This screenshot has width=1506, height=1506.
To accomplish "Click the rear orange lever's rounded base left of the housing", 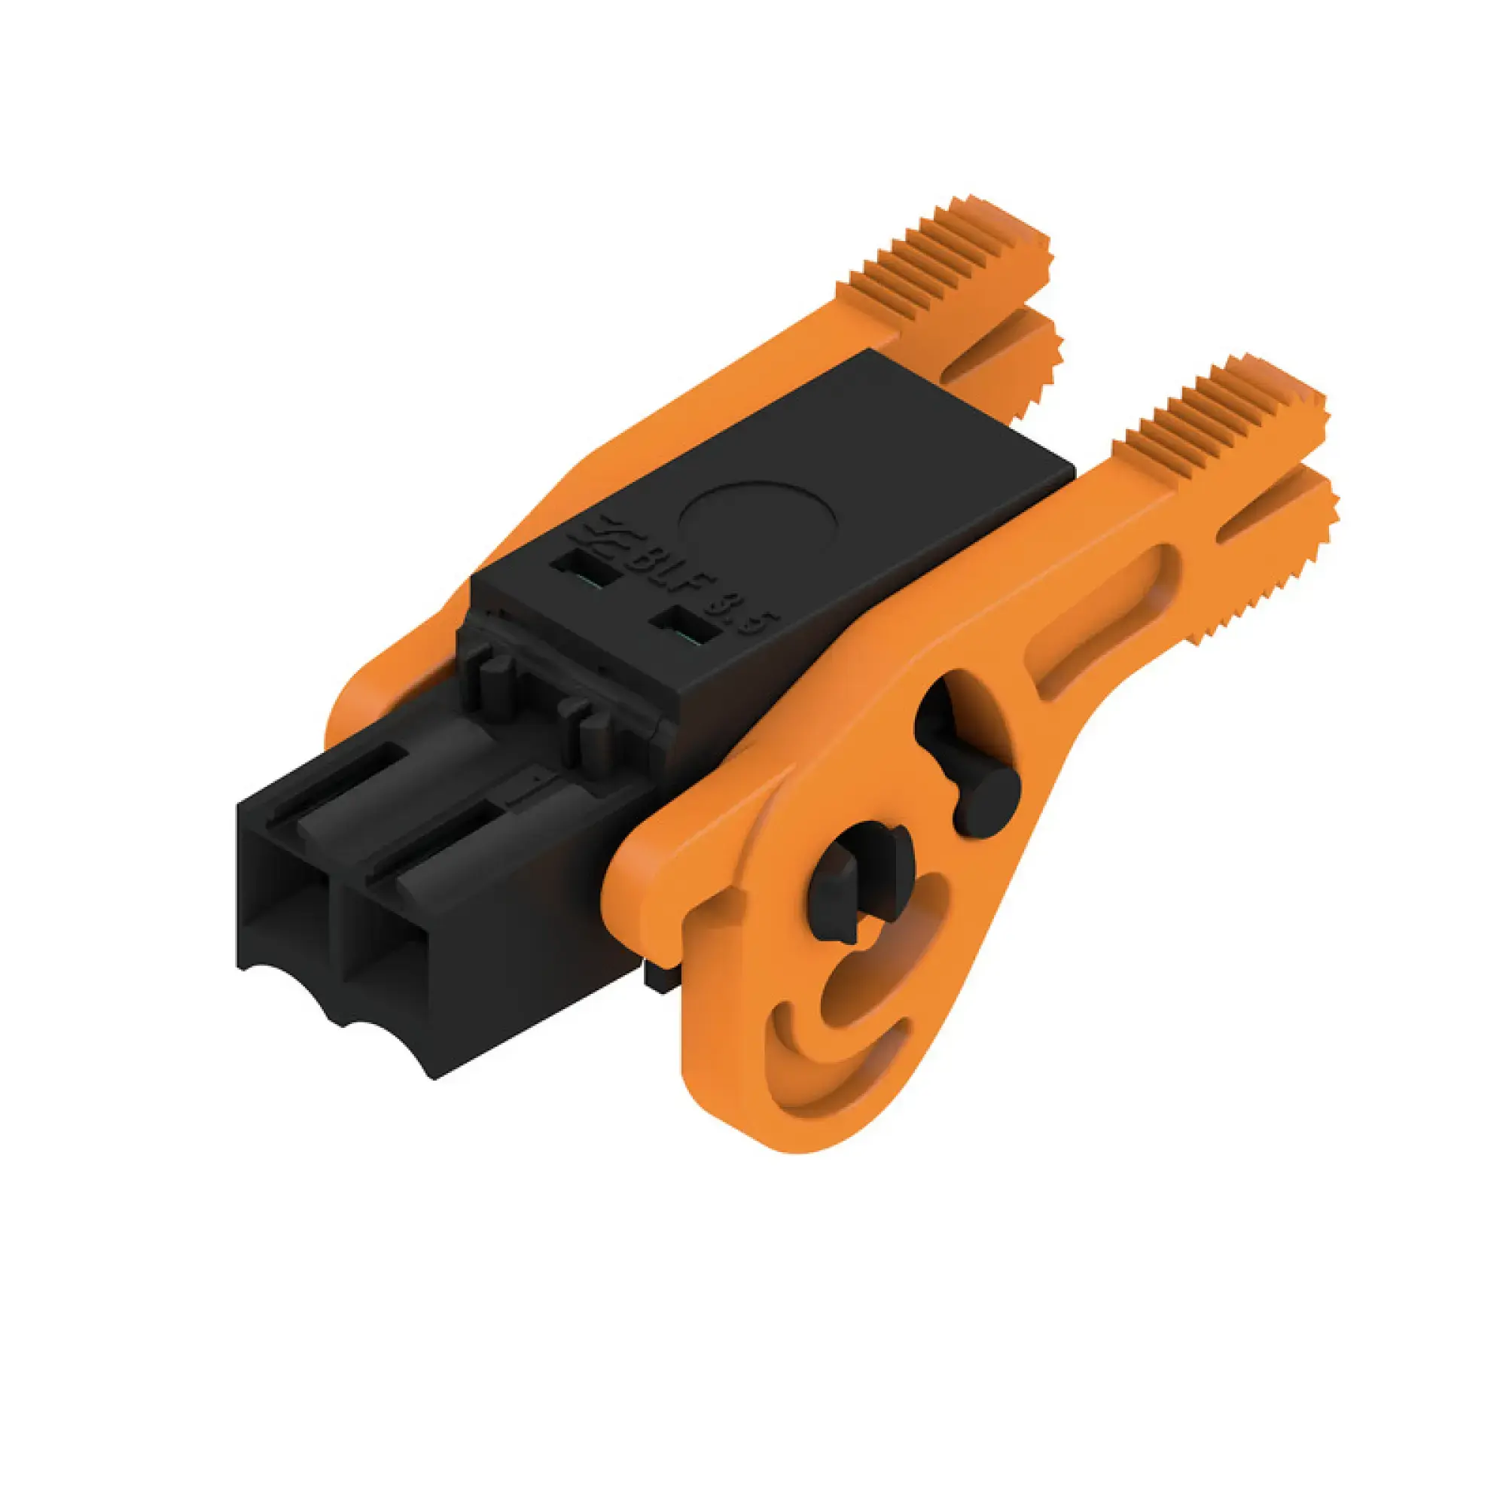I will click(367, 702).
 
